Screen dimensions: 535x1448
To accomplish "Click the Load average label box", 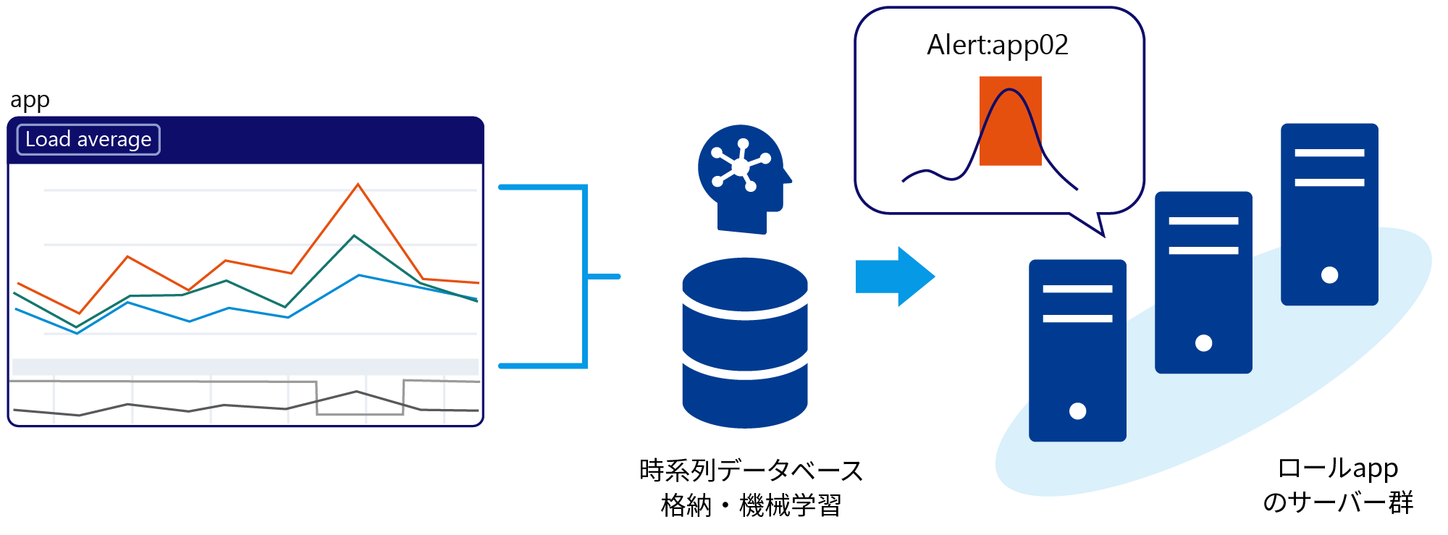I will (x=88, y=140).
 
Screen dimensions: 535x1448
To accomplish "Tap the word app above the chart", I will (x=30, y=100).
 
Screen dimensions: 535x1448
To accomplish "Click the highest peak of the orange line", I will (x=358, y=185).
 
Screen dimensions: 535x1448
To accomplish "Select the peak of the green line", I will (x=354, y=236).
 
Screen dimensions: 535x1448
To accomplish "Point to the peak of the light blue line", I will (x=359, y=275).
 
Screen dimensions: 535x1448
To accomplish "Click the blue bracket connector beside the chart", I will (x=584, y=277).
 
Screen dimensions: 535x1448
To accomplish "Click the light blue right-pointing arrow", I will (x=895, y=277).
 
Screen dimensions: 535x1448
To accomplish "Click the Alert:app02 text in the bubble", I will (x=997, y=46).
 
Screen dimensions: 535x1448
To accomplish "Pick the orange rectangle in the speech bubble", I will (x=1010, y=121).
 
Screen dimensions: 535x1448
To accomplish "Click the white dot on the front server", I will (x=1077, y=411).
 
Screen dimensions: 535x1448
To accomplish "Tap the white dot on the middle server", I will (x=1203, y=343).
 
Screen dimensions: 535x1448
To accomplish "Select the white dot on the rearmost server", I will (x=1329, y=275).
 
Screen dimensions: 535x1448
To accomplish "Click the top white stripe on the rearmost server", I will (x=1329, y=153).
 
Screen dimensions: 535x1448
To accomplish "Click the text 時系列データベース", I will (x=751, y=471).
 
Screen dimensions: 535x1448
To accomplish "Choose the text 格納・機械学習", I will (x=751, y=505).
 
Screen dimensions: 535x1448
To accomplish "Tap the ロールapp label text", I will (x=1337, y=468).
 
